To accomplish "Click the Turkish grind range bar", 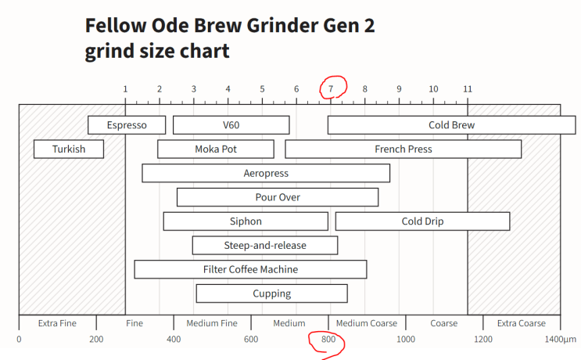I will pyautogui.click(x=69, y=149).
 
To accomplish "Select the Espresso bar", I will pyautogui.click(x=127, y=125).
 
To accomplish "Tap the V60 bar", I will pyautogui.click(x=231, y=125).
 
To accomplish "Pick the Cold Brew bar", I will pyautogui.click(x=451, y=125).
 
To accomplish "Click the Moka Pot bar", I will pyautogui.click(x=216, y=149).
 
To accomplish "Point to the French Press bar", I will pyautogui.click(x=403, y=149).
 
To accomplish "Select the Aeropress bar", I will pyautogui.click(x=266, y=173).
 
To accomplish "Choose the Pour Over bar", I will pyautogui.click(x=278, y=197).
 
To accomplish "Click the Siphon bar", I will pyautogui.click(x=246, y=221).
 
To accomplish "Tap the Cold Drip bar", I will pyautogui.click(x=422, y=221).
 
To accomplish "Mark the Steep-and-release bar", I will pyautogui.click(x=265, y=246).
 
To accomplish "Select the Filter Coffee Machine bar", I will pyautogui.click(x=250, y=269).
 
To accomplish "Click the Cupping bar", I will pyautogui.click(x=271, y=293).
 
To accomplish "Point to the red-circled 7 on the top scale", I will pyautogui.click(x=331, y=88).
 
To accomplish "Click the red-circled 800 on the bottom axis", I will pyautogui.click(x=328, y=340).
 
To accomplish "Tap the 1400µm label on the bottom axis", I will pyautogui.click(x=560, y=340).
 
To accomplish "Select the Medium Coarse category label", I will pyautogui.click(x=366, y=322).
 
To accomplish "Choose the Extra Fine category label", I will pyautogui.click(x=57, y=322).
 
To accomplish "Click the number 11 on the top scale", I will pyautogui.click(x=467, y=88).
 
